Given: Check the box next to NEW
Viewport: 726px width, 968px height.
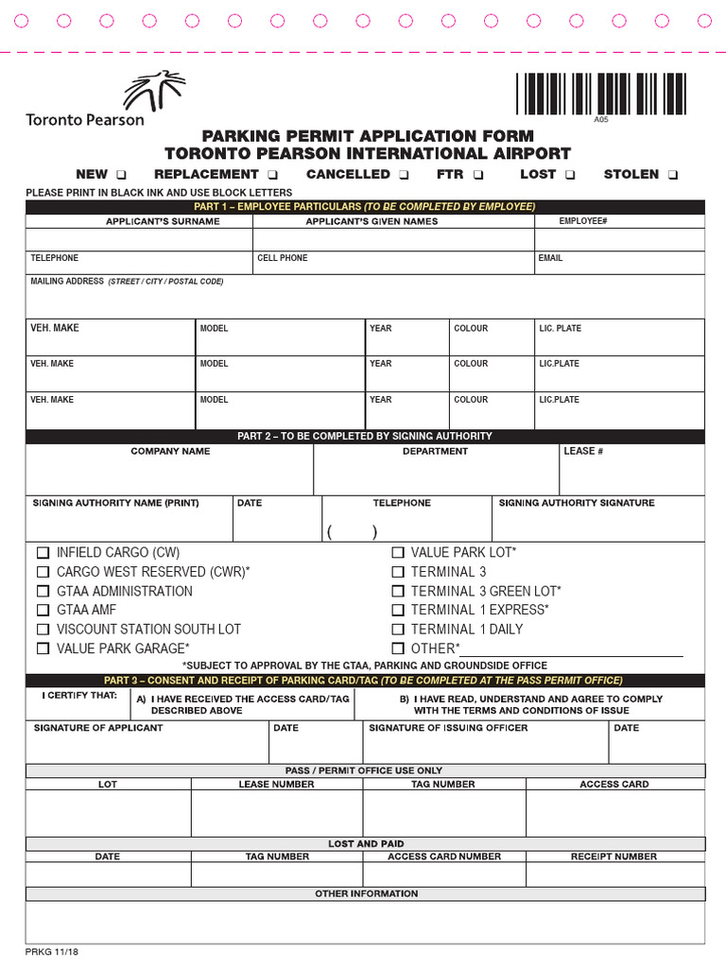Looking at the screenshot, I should (122, 175).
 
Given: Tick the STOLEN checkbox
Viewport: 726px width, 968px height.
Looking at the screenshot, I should (672, 175).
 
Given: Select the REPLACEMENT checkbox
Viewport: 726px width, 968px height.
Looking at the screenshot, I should (272, 175).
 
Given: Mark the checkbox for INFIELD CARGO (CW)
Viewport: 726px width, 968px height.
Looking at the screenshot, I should (43, 553).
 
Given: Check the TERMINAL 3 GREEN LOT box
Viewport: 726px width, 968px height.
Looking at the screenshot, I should (398, 591).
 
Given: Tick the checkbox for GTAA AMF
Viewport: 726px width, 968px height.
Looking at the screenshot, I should (43, 611).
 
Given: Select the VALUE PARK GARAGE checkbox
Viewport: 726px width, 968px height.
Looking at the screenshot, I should (43, 648).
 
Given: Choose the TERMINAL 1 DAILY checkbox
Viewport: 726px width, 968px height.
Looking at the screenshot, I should (398, 630).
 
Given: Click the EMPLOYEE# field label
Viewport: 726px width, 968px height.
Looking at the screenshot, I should (582, 221).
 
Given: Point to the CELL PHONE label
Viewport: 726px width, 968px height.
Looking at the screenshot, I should (282, 258).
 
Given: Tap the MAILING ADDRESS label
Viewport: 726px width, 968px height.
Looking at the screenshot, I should (66, 282).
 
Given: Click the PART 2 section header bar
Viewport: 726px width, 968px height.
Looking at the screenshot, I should (365, 436).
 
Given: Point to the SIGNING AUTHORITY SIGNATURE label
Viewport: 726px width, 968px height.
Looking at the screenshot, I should (576, 503).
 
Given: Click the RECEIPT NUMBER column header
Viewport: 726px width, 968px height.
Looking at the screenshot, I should (614, 856).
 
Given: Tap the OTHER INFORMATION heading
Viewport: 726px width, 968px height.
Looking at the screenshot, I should (366, 893).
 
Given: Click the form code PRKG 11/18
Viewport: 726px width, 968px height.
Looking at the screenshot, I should (52, 952).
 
